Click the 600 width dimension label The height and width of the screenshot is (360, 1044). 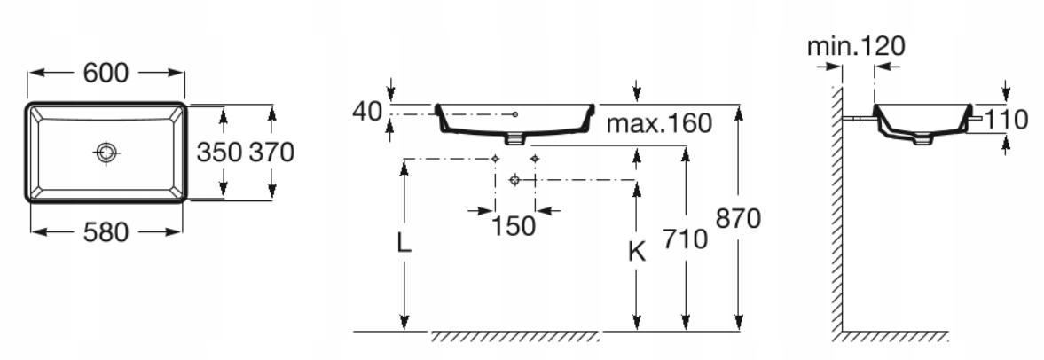[106, 74]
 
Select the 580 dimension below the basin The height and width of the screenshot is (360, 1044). [106, 232]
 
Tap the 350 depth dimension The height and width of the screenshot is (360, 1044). [219, 153]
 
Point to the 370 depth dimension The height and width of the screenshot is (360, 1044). [271, 153]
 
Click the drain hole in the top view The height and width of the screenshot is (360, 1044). [106, 153]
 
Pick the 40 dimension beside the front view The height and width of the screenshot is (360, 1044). [367, 111]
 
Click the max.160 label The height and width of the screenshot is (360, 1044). [659, 123]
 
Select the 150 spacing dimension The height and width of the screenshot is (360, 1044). [514, 227]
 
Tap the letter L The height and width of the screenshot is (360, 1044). [404, 244]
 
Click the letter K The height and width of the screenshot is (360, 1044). [637, 252]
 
